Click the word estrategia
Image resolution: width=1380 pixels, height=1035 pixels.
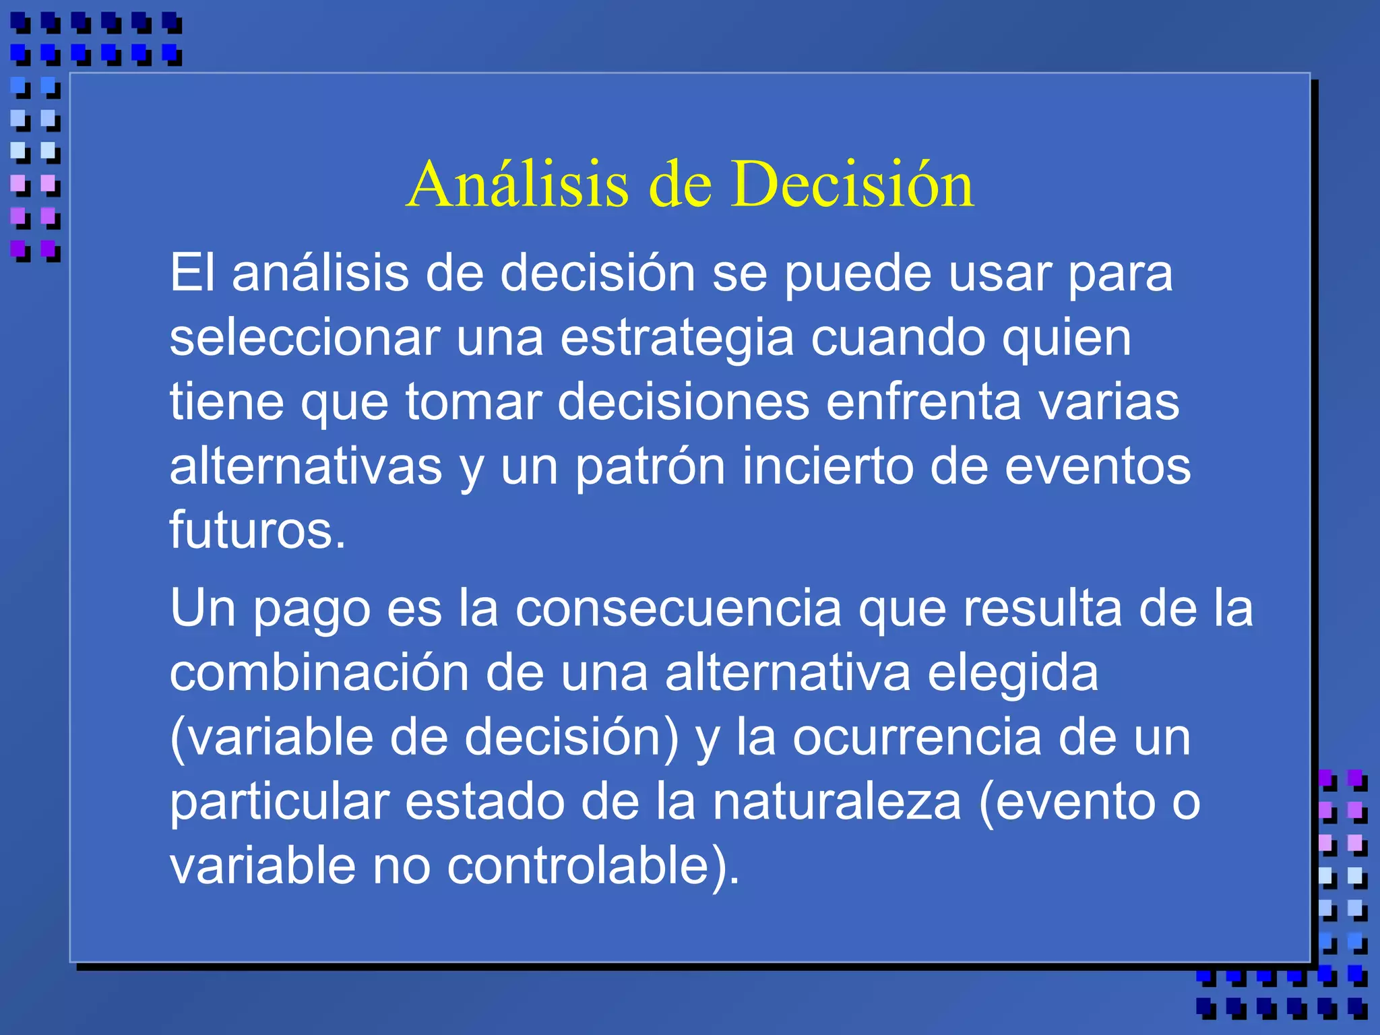pos(677,339)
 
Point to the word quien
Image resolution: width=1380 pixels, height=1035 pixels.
pos(1066,339)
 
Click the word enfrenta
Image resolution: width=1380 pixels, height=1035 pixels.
pos(923,402)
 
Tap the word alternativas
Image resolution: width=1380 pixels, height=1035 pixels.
pos(305,466)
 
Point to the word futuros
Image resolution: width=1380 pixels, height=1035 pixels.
pos(257,530)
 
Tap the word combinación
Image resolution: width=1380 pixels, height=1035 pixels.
pos(319,673)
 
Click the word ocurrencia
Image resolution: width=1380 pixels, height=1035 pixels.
pos(916,737)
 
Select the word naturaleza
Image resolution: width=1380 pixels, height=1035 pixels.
pos(836,802)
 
